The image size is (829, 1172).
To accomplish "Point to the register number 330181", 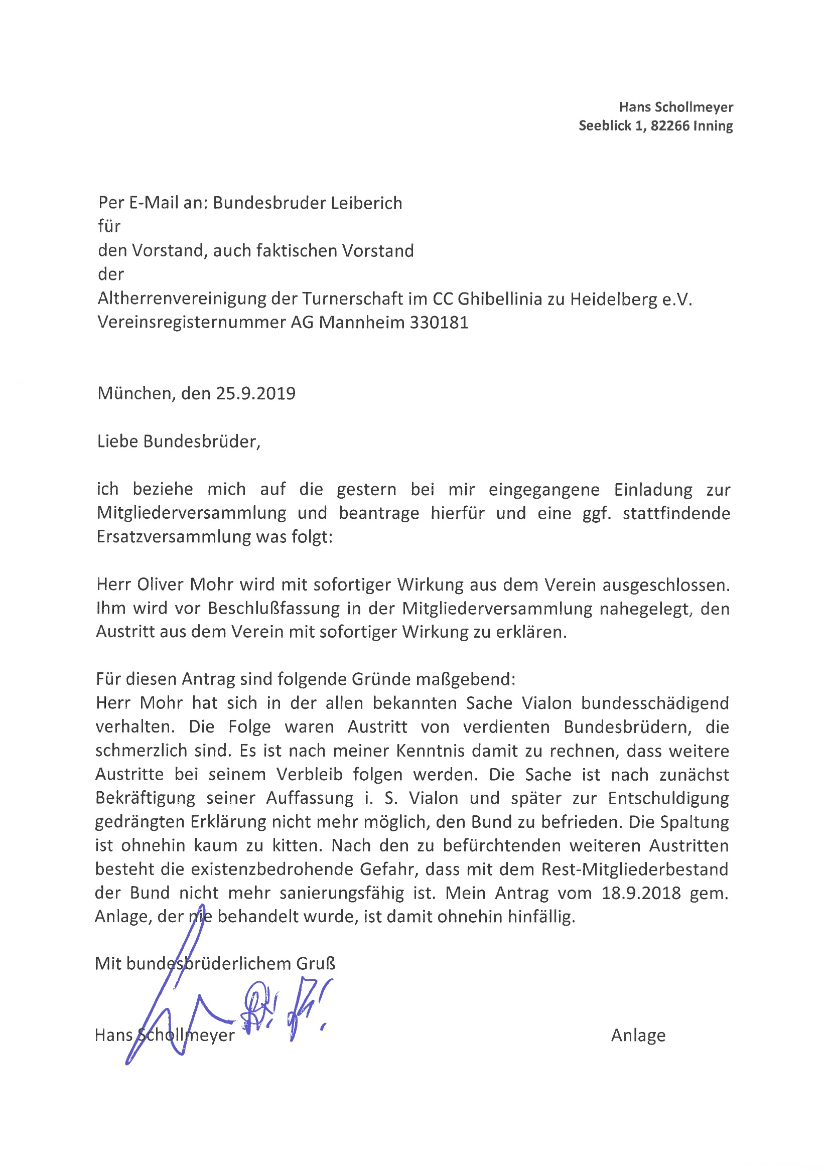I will [439, 323].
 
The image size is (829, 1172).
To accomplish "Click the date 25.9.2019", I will [256, 393].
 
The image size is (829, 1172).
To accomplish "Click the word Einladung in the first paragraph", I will [652, 490].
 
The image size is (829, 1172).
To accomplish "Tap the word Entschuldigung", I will [668, 798].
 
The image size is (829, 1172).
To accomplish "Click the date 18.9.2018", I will [641, 893].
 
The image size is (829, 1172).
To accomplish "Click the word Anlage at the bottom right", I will [638, 1035].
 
